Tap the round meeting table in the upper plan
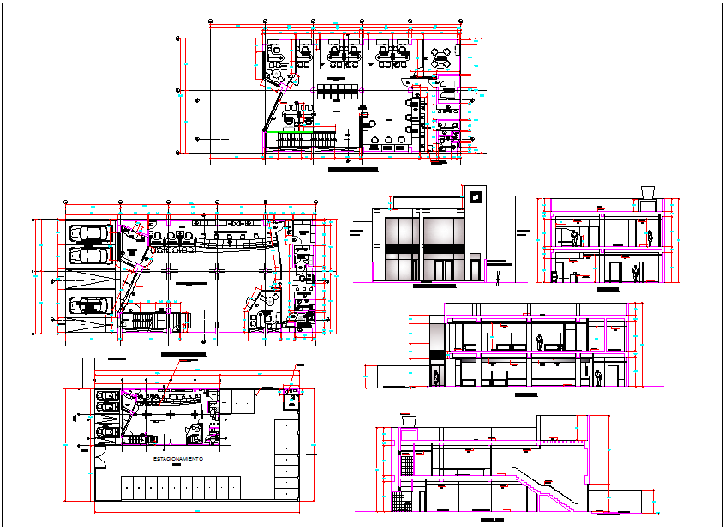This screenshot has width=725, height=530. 441,57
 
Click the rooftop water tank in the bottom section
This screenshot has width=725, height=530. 408,420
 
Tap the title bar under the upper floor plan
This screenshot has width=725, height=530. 353,170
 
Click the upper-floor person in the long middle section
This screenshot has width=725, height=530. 540,340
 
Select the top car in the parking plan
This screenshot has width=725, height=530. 108,397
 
